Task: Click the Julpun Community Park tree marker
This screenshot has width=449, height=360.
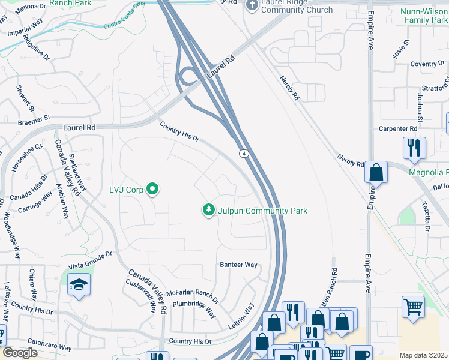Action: pos(208,210)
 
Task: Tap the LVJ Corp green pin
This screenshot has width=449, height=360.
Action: pos(152,190)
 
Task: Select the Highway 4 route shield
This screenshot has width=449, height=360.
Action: pos(244,154)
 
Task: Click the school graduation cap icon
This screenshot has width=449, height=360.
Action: pos(79,286)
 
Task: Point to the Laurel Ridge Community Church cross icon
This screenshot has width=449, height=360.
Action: pos(252,5)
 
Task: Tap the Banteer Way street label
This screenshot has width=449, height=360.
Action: pos(238,265)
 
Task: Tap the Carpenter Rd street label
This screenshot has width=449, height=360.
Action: pos(397,128)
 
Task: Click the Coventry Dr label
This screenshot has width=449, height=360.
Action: pos(427,64)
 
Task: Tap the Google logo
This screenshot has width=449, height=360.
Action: pos(19,353)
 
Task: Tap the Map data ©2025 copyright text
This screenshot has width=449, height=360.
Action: pos(423,355)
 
